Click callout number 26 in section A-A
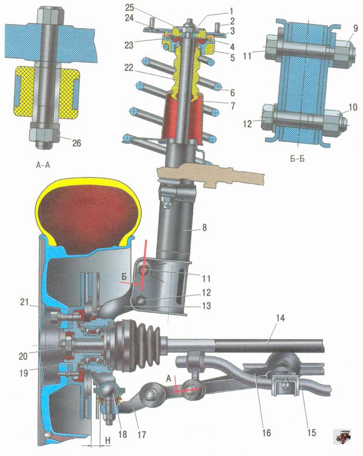(x=77, y=143)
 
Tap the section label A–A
(x=43, y=165)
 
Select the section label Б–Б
(x=297, y=159)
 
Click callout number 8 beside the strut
(x=204, y=227)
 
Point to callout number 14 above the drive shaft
(x=280, y=318)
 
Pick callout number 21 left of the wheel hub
(x=25, y=302)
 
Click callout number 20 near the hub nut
(x=23, y=356)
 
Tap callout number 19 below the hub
(x=23, y=372)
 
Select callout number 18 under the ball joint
(x=122, y=434)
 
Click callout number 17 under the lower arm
(x=142, y=435)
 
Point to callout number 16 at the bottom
(x=266, y=433)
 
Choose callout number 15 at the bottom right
(x=311, y=433)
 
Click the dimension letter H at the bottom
(x=108, y=441)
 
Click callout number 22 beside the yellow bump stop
(x=129, y=68)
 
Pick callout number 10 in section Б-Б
(x=352, y=107)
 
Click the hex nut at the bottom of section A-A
(x=44, y=134)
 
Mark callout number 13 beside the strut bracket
(x=206, y=306)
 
